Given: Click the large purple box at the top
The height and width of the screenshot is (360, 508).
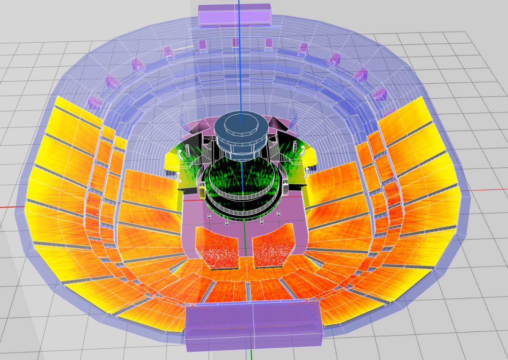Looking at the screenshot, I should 235,15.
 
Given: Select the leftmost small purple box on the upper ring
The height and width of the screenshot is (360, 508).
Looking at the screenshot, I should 95,101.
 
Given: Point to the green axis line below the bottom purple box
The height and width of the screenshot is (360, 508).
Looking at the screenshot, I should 252,355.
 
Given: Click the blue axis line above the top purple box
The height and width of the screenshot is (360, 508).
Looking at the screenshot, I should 239,2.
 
